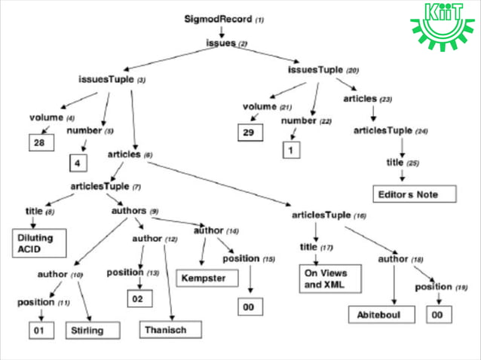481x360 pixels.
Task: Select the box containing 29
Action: point(250,133)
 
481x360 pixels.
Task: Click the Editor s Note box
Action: point(414,194)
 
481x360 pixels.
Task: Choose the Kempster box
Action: point(204,278)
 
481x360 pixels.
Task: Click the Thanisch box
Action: point(172,329)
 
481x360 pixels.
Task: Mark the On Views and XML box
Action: point(326,279)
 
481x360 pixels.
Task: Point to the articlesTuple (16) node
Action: point(329,215)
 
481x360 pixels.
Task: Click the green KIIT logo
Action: point(444,25)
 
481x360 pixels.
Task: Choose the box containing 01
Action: point(41,330)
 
